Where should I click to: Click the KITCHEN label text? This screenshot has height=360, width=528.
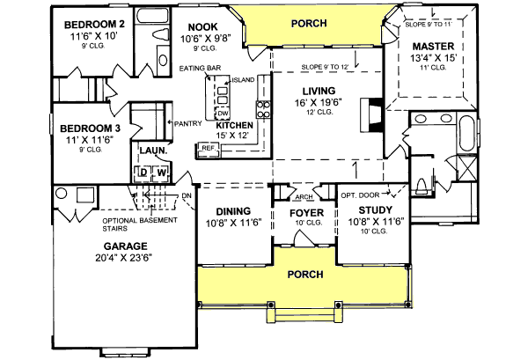[235, 126]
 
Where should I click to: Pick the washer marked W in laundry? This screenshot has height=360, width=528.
[162, 172]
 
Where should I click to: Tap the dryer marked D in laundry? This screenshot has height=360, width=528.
[143, 172]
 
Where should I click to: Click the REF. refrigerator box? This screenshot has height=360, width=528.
[209, 149]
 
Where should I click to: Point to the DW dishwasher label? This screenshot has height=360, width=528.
[223, 114]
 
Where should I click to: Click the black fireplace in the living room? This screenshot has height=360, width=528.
[375, 114]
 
